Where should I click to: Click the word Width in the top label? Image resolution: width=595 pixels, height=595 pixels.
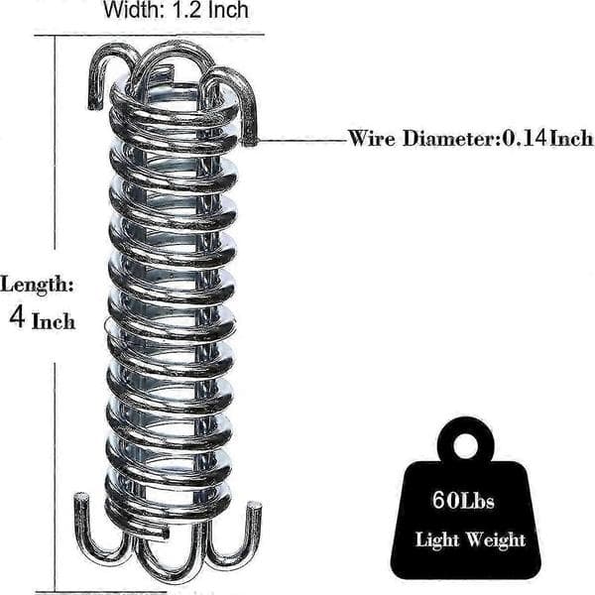tap(134, 10)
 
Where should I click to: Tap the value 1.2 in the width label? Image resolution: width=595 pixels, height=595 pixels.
tap(187, 10)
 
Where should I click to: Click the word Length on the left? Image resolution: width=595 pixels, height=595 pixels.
tap(37, 286)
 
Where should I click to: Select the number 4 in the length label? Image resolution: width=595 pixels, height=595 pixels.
tap(18, 317)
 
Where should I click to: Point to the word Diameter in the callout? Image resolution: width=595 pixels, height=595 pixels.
tap(451, 139)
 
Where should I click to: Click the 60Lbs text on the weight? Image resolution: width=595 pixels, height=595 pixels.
tap(463, 500)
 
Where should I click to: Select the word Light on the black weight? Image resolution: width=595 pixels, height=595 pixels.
tap(437, 539)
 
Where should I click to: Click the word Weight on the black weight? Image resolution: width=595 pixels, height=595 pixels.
tap(496, 539)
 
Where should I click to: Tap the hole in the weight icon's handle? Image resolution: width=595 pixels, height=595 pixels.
tap(466, 446)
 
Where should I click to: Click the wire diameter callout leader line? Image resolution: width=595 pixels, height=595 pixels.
tap(301, 141)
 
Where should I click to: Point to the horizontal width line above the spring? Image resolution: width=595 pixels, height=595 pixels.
tap(149, 36)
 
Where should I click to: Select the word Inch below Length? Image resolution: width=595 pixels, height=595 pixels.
tap(54, 321)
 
